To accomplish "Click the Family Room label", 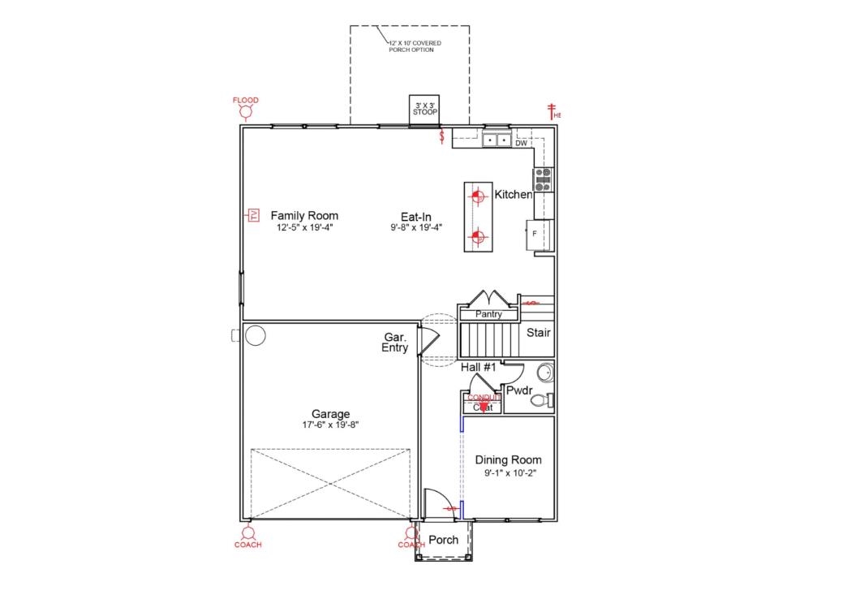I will click(x=304, y=216).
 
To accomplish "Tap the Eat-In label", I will click(x=415, y=217).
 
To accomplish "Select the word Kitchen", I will click(x=513, y=195).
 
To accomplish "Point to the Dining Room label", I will click(x=508, y=460).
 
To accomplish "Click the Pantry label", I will click(x=488, y=314).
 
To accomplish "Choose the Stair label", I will click(x=539, y=333).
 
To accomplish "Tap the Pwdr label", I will click(x=518, y=390).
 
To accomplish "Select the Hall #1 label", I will click(x=478, y=368).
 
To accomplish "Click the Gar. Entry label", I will click(x=396, y=343).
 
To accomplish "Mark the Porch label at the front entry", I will click(x=443, y=540).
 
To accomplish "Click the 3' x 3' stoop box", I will click(x=425, y=109).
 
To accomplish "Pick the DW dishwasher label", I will click(x=521, y=144).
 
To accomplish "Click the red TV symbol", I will click(x=253, y=215).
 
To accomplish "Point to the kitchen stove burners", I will click(x=542, y=179).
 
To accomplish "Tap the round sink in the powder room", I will click(x=545, y=373).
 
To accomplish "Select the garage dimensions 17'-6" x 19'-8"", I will click(x=329, y=425).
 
